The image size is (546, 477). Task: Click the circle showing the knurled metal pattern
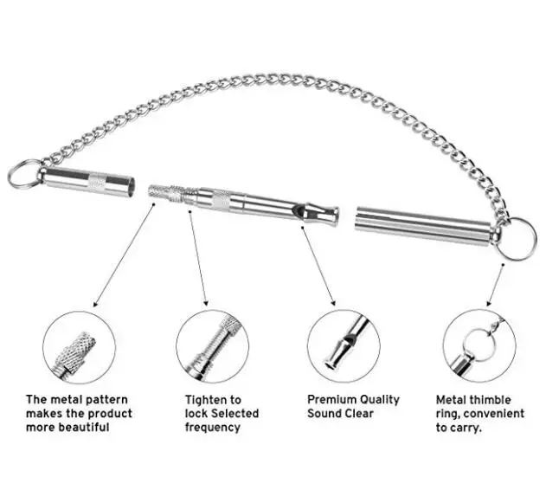click(x=80, y=347)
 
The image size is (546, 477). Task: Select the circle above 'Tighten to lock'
click(x=212, y=347)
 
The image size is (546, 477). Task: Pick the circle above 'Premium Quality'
click(x=344, y=347)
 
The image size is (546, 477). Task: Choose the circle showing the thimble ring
click(x=477, y=347)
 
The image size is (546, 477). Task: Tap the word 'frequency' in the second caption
click(x=212, y=427)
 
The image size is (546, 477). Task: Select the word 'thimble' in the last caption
click(x=485, y=400)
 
